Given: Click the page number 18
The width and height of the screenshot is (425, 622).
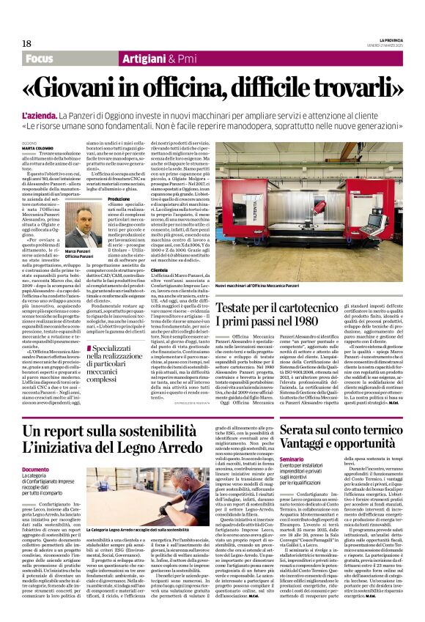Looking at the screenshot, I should point(26,43).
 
